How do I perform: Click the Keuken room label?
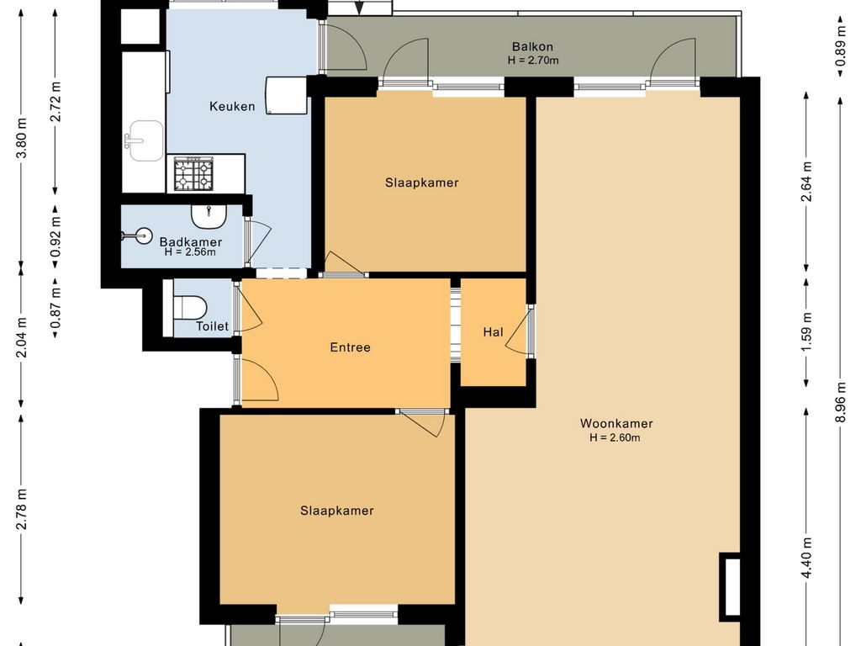pyautogui.click(x=232, y=107)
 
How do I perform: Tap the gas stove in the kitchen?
pyautogui.click(x=194, y=173)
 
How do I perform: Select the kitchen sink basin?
pyautogui.click(x=145, y=141)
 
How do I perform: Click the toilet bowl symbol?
pyautogui.click(x=190, y=307)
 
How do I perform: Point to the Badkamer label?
pyautogui.click(x=191, y=241)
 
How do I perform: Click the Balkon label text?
pyautogui.click(x=532, y=47)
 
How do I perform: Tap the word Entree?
pyautogui.click(x=351, y=347)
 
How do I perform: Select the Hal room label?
pyautogui.click(x=493, y=331)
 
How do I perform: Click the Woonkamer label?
pyautogui.click(x=616, y=424)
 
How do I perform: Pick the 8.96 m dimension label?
pyautogui.click(x=840, y=402)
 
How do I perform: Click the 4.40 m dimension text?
pyautogui.click(x=806, y=559)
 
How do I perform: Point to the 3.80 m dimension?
pyautogui.click(x=22, y=138)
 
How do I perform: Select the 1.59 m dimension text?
pyautogui.click(x=806, y=332)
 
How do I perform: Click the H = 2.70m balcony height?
pyautogui.click(x=532, y=61)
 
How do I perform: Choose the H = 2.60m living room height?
pyautogui.click(x=615, y=437)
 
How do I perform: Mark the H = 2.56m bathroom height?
pyautogui.click(x=190, y=252)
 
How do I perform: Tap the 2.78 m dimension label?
pyautogui.click(x=22, y=509)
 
